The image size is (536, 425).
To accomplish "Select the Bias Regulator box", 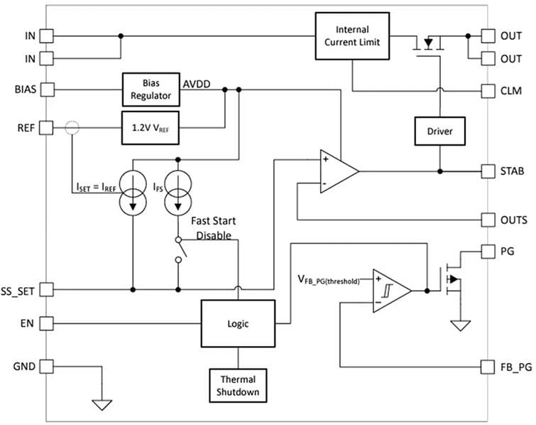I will click(150, 90).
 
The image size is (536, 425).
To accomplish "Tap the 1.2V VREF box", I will click(150, 128).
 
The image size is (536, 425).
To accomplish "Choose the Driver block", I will click(439, 131).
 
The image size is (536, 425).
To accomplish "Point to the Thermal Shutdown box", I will click(238, 386).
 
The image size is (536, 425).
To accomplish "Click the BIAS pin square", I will click(47, 90).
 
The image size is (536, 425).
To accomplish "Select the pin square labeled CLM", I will click(488, 91).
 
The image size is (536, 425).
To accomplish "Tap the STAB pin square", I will click(488, 171).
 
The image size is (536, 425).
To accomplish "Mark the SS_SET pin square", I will click(47, 289).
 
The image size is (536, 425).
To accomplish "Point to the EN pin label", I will click(21, 324).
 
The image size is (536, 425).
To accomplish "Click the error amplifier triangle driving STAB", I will click(336, 171).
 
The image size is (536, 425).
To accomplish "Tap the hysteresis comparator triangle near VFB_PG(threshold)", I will click(389, 291).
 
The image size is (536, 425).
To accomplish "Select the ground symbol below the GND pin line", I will click(102, 405).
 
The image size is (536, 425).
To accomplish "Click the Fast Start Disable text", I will click(214, 228).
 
